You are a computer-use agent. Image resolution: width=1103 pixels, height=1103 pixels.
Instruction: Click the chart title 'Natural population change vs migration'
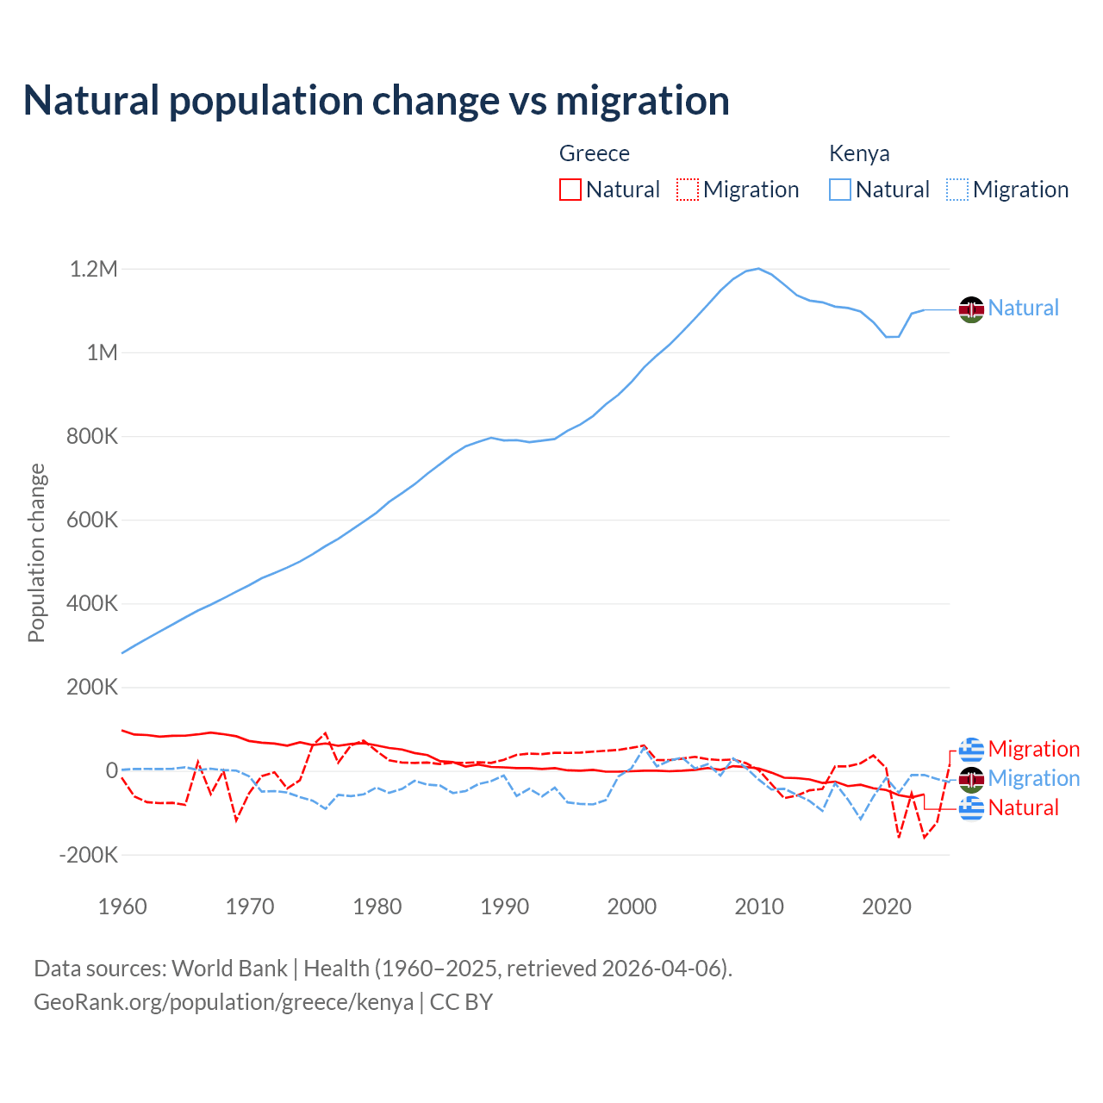pyautogui.click(x=377, y=100)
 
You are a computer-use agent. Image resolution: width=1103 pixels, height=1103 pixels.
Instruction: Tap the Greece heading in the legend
pyautogui.click(x=595, y=153)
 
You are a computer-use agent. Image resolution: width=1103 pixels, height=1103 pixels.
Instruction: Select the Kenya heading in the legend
pyautogui.click(x=859, y=153)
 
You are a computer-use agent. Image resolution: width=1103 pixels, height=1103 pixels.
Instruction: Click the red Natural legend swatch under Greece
pyautogui.click(x=570, y=190)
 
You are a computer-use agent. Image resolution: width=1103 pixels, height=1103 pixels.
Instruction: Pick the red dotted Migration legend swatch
pyautogui.click(x=688, y=190)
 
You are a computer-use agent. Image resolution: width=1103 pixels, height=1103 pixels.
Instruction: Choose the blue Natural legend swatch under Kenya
pyautogui.click(x=840, y=190)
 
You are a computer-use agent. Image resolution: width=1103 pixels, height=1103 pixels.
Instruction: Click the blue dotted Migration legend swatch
pyautogui.click(x=957, y=190)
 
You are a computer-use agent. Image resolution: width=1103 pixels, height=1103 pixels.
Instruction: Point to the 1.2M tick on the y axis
pyautogui.click(x=94, y=269)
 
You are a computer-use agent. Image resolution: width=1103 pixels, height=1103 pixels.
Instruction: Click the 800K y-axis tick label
pyautogui.click(x=92, y=436)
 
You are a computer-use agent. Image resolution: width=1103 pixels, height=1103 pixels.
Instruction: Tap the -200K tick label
pyautogui.click(x=88, y=855)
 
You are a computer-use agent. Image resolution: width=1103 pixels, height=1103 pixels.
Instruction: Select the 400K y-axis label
pyautogui.click(x=92, y=603)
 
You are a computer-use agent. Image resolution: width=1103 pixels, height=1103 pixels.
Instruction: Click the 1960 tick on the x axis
pyautogui.click(x=122, y=907)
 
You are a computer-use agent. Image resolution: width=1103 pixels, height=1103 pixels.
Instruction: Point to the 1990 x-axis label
pyautogui.click(x=505, y=907)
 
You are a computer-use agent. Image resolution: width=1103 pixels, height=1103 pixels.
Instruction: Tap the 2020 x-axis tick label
pyautogui.click(x=887, y=907)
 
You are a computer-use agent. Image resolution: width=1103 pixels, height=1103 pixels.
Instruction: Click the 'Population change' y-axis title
pyautogui.click(x=36, y=553)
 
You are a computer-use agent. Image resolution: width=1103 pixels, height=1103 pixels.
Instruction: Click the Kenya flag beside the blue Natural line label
pyautogui.click(x=971, y=308)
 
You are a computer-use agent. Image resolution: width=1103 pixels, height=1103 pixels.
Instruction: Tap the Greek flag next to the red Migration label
pyautogui.click(x=971, y=750)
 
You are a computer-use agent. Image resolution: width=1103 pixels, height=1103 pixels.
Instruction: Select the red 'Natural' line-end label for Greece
pyautogui.click(x=1023, y=807)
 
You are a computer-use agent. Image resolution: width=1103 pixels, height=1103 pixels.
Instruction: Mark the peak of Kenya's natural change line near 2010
pyautogui.click(x=758, y=268)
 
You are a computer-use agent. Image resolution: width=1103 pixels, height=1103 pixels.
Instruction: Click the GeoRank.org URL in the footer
pyautogui.click(x=223, y=1002)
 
